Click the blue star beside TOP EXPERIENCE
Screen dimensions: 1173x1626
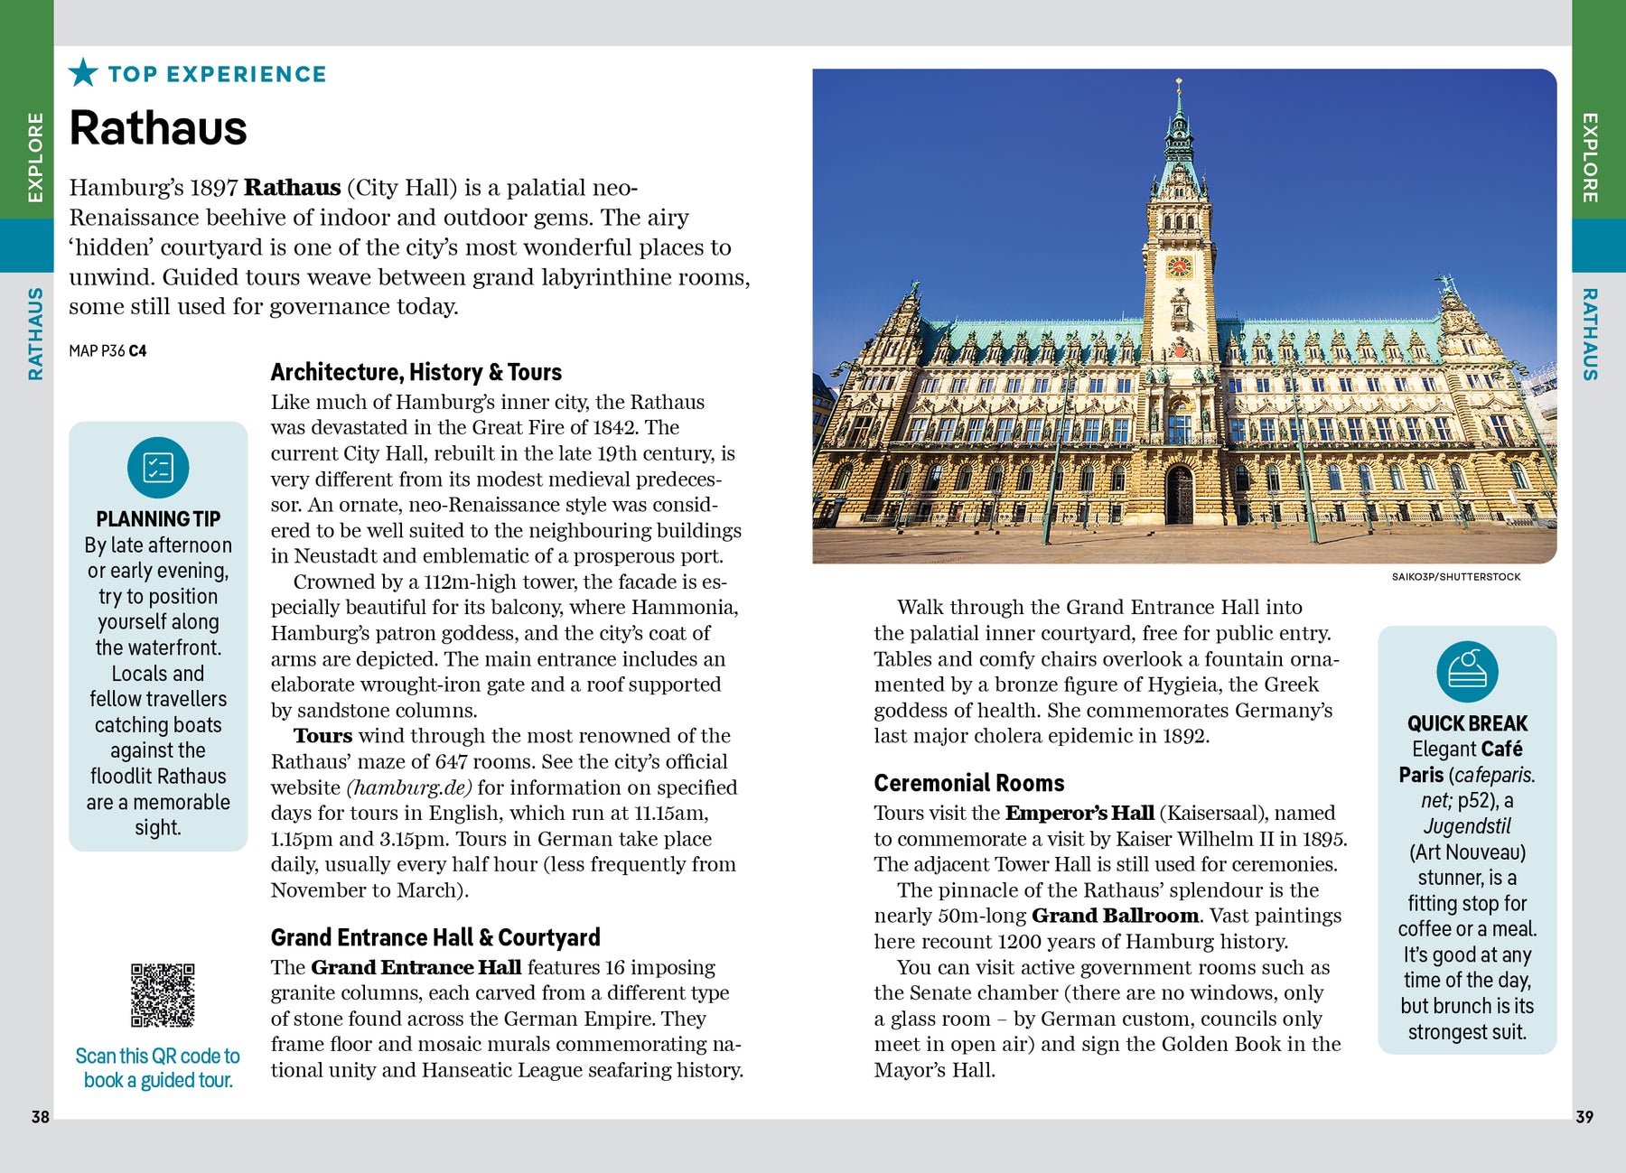pyautogui.click(x=83, y=72)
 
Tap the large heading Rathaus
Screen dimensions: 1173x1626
pyautogui.click(x=158, y=127)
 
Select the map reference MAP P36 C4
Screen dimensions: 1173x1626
pyautogui.click(x=107, y=350)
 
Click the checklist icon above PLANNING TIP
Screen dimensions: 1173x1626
pyautogui.click(x=158, y=468)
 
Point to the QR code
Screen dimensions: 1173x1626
pyautogui.click(x=163, y=995)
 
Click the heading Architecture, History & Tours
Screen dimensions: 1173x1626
pyautogui.click(x=416, y=372)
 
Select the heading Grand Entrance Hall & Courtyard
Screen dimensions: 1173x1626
pyautogui.click(x=435, y=937)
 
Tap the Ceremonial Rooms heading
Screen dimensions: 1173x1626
pyautogui.click(x=968, y=783)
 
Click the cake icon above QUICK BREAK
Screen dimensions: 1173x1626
pyautogui.click(x=1467, y=672)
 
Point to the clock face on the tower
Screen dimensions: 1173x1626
pyautogui.click(x=1179, y=266)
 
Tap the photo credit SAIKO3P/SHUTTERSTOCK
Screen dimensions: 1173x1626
pyautogui.click(x=1455, y=576)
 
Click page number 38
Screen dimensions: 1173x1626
pyautogui.click(x=41, y=1117)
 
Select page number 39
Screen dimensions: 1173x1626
pyautogui.click(x=1584, y=1117)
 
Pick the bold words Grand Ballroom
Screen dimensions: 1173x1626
pyautogui.click(x=1115, y=916)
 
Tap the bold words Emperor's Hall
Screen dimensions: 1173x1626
pyautogui.click(x=1079, y=813)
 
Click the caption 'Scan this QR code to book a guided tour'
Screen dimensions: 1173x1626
pyautogui.click(x=158, y=1068)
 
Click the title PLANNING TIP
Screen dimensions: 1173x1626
pyautogui.click(x=158, y=519)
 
